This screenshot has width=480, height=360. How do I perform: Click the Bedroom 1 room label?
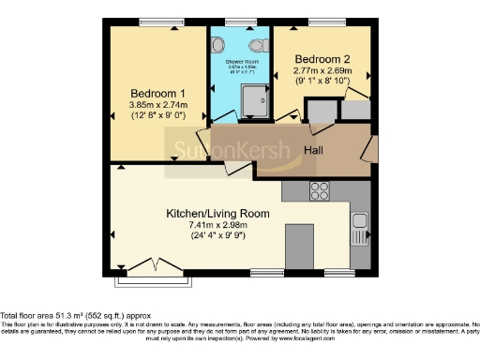tap(157, 93)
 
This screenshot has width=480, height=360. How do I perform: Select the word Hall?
tap(315, 150)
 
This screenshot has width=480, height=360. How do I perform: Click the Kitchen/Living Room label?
tap(218, 214)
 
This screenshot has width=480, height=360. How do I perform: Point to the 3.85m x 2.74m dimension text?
tap(157, 105)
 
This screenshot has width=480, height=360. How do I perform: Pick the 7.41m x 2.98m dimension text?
tap(218, 226)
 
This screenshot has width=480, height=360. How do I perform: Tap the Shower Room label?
tap(240, 61)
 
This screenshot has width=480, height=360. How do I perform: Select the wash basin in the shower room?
tap(217, 44)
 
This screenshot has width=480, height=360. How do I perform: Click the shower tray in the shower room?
tap(252, 96)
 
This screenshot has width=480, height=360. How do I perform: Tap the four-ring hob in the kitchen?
tap(320, 190)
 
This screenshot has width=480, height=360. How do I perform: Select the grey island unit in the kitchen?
tap(299, 246)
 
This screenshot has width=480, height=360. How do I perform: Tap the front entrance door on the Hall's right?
tap(371, 149)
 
